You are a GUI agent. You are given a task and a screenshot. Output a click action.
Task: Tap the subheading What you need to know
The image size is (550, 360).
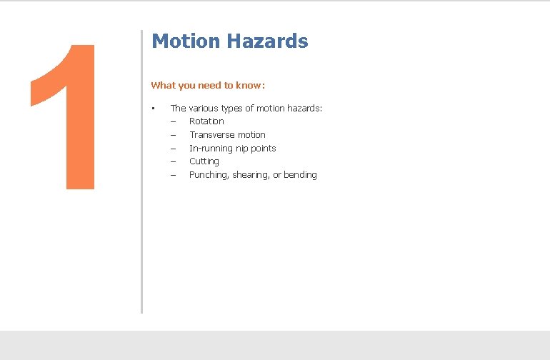pos(208,86)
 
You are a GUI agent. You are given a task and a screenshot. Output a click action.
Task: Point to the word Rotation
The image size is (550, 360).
pos(206,121)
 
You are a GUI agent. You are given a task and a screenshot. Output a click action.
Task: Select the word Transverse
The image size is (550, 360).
pos(212,135)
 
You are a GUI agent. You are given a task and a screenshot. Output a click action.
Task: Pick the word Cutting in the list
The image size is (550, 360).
pos(204,161)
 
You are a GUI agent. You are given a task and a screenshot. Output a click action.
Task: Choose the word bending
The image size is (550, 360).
pos(300,175)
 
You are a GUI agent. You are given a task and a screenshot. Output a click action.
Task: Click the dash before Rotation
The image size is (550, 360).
pos(173,121)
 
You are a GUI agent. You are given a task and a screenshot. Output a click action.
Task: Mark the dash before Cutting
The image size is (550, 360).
pos(173,161)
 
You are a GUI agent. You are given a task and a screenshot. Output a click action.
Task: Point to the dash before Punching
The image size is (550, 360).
pos(173,175)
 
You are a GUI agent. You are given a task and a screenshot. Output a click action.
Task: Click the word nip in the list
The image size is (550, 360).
pos(243,149)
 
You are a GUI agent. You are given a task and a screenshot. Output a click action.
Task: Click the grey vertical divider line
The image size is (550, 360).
pos(141,171)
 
